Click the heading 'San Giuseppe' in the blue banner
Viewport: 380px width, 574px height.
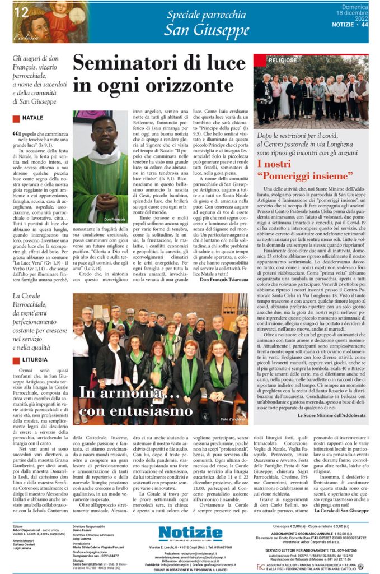tap(206, 30)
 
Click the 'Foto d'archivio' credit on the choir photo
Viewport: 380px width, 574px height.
tap(233, 419)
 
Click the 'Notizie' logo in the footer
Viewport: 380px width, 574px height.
tap(190, 533)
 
